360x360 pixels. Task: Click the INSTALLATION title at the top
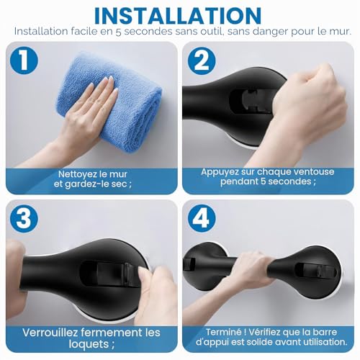click(178, 16)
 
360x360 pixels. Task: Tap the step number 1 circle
click(24, 60)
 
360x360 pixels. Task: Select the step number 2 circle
click(202, 60)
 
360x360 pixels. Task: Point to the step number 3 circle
click(24, 219)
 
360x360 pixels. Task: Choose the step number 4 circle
click(202, 218)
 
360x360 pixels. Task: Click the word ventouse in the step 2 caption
click(314, 172)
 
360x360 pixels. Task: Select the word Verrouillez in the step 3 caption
click(50, 333)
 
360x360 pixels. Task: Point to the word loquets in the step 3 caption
click(88, 344)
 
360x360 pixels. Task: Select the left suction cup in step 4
click(207, 266)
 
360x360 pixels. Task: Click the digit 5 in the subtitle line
click(118, 32)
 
